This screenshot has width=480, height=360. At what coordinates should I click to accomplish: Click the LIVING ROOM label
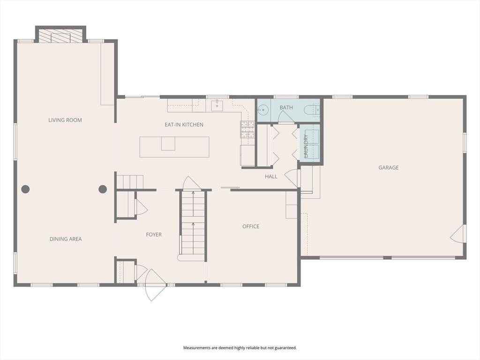tap(65, 120)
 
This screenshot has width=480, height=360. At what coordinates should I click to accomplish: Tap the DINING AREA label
tap(66, 239)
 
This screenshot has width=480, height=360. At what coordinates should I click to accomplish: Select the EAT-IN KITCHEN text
tap(184, 125)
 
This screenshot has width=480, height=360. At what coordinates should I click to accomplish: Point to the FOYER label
tap(154, 234)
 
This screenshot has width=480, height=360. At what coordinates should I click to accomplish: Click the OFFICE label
tap(251, 226)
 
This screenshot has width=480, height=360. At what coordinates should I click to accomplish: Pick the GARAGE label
tap(389, 167)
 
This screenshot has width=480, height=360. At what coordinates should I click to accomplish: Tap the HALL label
tap(271, 176)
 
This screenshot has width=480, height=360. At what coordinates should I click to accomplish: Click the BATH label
tap(286, 107)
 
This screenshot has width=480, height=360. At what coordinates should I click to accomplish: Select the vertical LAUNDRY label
tap(306, 146)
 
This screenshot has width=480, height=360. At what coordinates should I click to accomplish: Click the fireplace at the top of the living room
tap(61, 36)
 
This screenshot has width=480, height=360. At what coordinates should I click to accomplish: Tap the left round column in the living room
tap(25, 189)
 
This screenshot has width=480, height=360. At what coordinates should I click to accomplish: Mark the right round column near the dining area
tap(103, 189)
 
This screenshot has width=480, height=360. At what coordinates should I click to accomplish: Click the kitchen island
tap(174, 147)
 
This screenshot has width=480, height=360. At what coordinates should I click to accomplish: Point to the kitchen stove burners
tap(247, 129)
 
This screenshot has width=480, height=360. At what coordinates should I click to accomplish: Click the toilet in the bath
tap(312, 110)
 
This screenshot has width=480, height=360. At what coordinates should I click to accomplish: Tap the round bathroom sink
tap(262, 109)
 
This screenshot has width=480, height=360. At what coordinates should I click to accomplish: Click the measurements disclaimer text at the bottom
tap(240, 348)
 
